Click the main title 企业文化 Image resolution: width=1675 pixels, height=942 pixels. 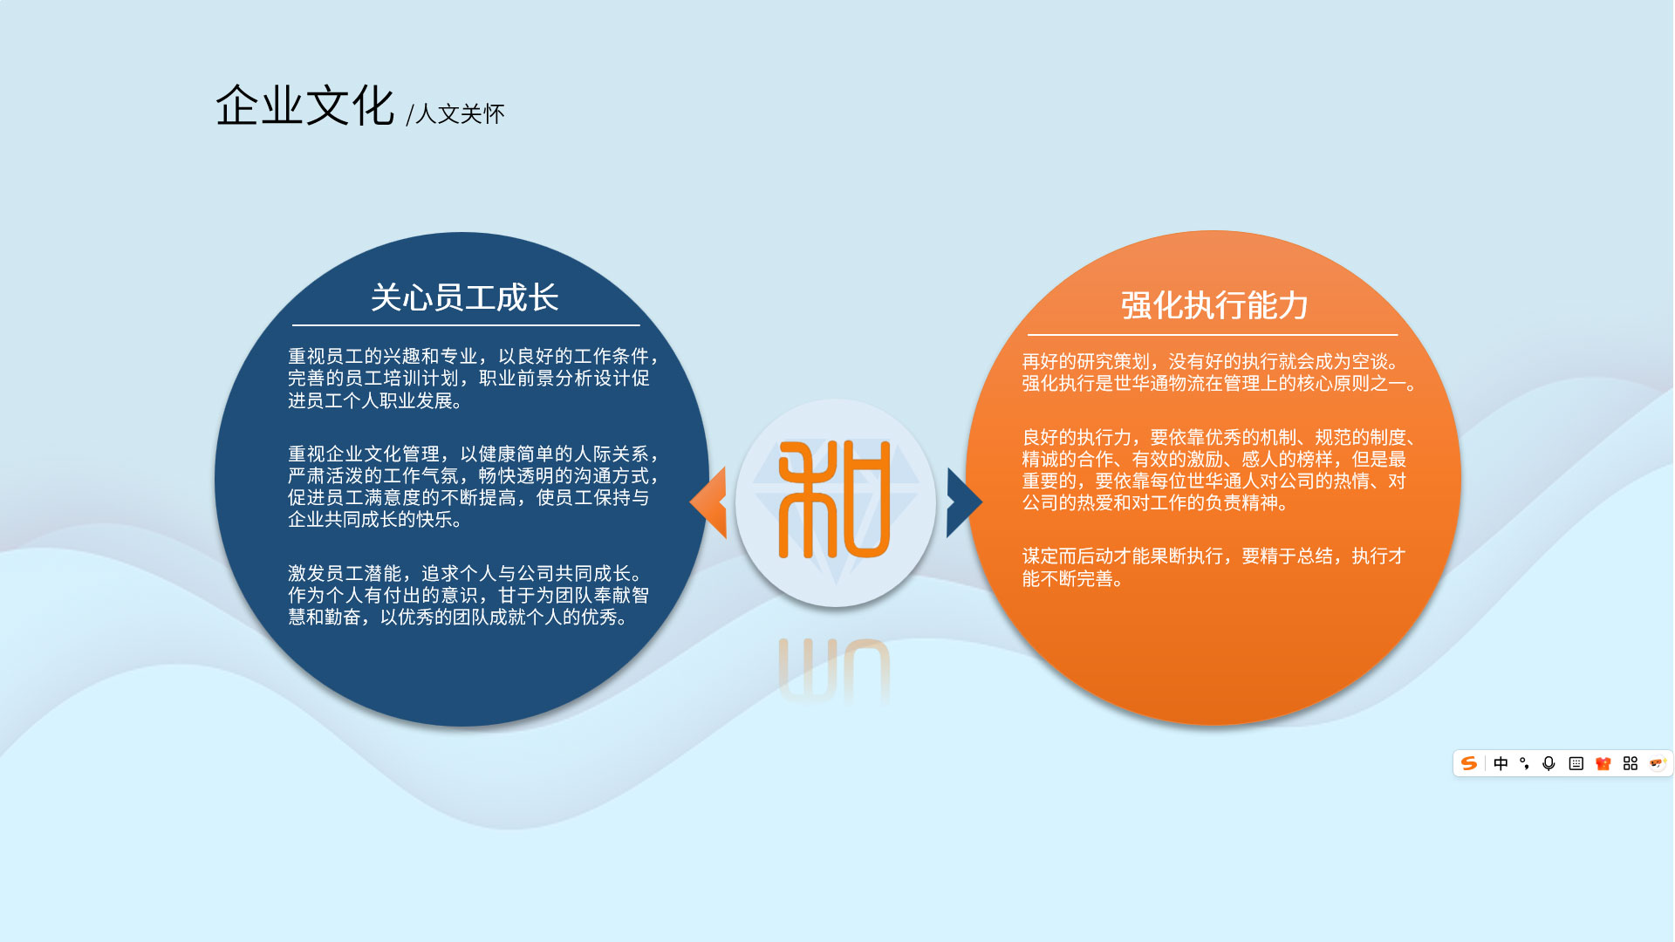point(304,106)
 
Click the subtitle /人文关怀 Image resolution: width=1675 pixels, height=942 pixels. point(455,114)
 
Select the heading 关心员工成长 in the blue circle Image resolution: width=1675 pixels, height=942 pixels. point(464,297)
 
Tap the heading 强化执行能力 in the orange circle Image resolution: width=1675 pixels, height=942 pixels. point(1214,305)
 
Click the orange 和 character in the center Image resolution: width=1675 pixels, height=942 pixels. point(834,499)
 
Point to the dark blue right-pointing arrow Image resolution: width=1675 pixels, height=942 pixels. point(964,502)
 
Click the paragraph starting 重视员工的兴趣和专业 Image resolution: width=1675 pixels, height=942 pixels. point(474,379)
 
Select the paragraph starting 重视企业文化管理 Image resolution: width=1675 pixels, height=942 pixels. point(474,487)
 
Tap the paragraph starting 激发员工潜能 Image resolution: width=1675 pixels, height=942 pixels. point(468,595)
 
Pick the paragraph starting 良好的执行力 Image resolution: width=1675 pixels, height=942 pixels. point(1220,470)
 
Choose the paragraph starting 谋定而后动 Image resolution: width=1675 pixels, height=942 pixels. point(1214,567)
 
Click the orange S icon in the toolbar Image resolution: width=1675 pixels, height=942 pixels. point(1469,763)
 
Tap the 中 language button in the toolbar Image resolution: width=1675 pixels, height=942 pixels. point(1501,763)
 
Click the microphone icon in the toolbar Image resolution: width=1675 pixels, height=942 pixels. point(1549,763)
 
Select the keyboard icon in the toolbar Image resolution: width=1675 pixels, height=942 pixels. point(1576,763)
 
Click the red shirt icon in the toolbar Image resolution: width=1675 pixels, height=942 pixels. point(1603,763)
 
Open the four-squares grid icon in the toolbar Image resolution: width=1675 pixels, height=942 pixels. point(1630,763)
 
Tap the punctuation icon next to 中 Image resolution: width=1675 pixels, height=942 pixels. point(1524,763)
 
